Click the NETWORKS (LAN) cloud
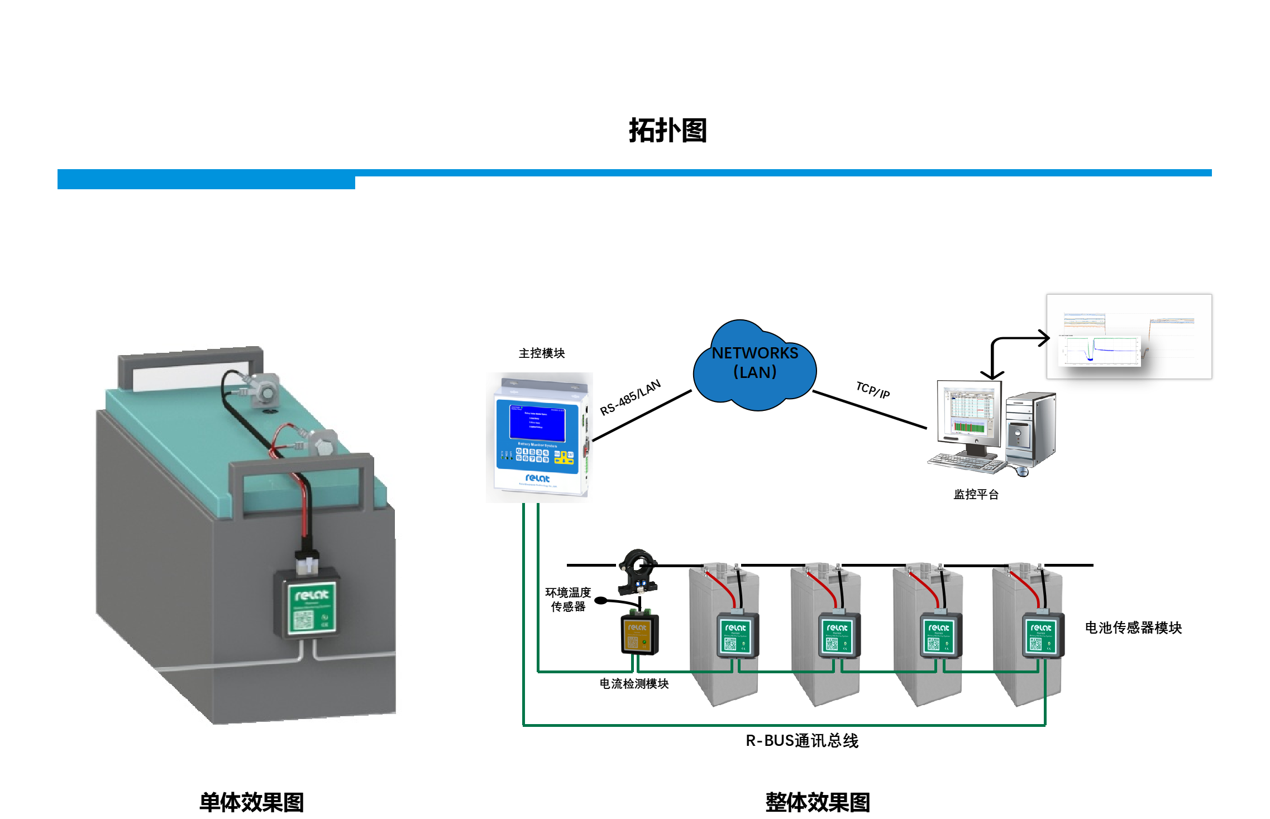point(755,363)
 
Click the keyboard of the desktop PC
point(966,463)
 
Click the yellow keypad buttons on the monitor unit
point(564,457)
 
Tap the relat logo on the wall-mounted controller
point(537,478)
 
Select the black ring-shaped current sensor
point(638,571)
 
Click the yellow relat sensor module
point(639,634)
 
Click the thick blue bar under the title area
point(206,180)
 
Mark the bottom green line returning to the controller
point(782,725)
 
